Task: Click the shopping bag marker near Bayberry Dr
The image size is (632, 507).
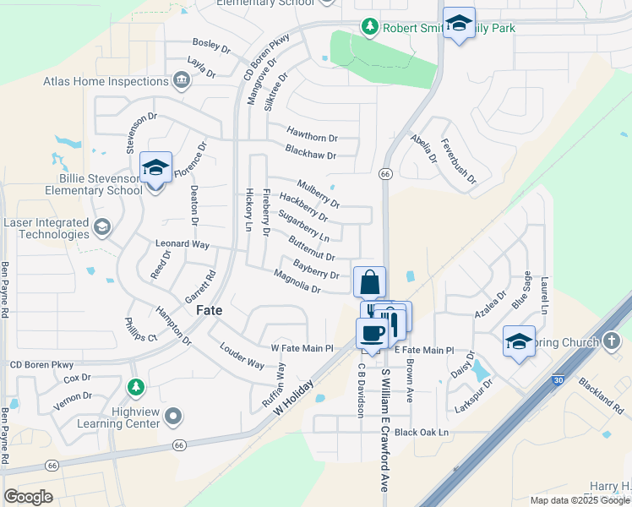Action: [x=370, y=281]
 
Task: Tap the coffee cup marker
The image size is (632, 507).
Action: [x=372, y=332]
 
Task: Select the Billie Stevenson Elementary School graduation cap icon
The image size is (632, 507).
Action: [x=155, y=168]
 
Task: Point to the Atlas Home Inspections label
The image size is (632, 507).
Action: [x=106, y=82]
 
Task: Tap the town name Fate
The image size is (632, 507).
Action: [x=210, y=310]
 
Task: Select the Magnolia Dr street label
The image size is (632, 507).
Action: [x=297, y=282]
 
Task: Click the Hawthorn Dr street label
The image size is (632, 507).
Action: [x=312, y=137]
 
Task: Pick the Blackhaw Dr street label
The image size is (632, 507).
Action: [x=310, y=155]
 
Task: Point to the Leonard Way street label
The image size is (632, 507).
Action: [x=182, y=243]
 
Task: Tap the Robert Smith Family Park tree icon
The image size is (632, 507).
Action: [x=369, y=28]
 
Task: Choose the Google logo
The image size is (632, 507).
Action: [x=28, y=496]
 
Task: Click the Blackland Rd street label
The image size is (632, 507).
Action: [x=602, y=388]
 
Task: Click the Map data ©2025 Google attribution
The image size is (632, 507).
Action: [x=579, y=500]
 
